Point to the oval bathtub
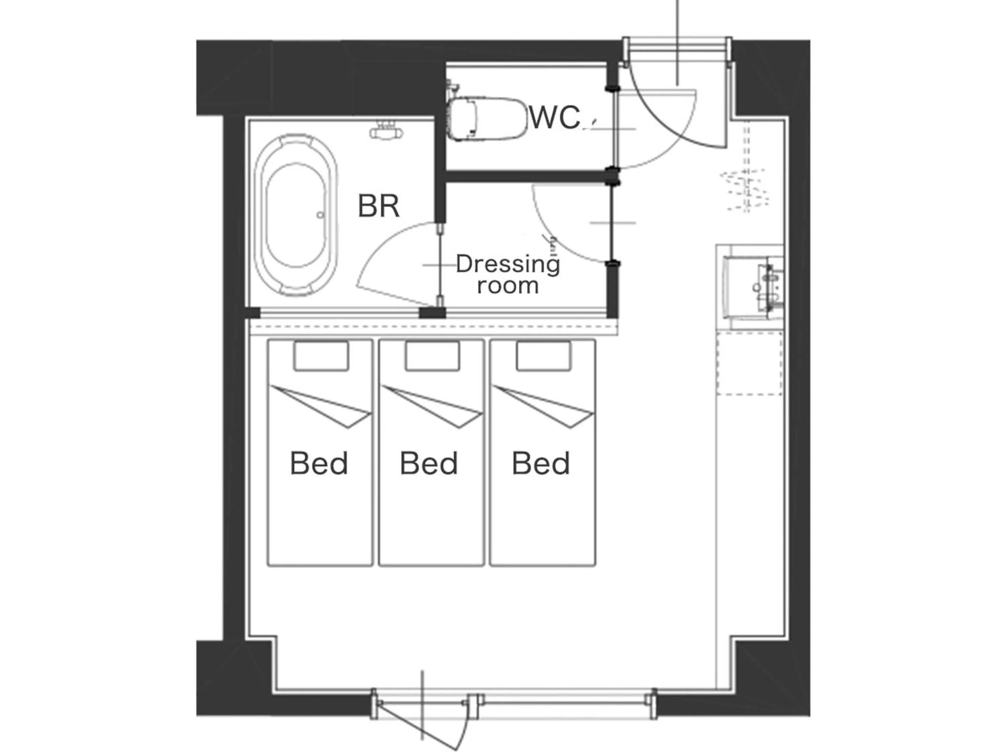[296, 215]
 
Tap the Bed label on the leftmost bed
[319, 464]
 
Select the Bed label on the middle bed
[428, 464]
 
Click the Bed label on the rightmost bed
[541, 464]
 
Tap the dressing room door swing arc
[559, 227]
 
